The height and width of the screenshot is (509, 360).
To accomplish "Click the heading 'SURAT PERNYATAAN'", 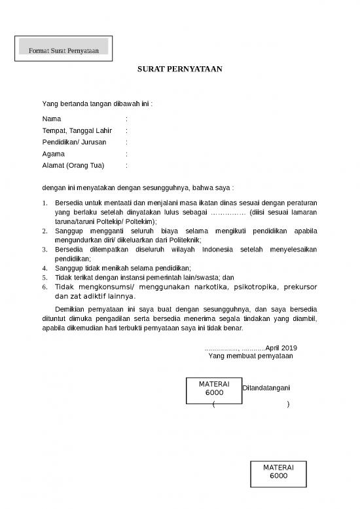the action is coord(180,68).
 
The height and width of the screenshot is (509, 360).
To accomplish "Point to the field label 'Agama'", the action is coord(53,153).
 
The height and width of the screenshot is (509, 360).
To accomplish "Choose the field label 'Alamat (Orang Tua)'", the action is coord(73,164).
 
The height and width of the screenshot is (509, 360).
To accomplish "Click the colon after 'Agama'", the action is coord(126,153).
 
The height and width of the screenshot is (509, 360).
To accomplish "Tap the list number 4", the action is coord(45,268).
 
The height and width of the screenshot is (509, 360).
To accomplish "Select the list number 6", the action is coord(45,287).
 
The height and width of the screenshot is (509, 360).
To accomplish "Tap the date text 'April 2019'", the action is coord(281,347).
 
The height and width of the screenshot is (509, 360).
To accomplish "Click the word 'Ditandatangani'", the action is coord(266,388).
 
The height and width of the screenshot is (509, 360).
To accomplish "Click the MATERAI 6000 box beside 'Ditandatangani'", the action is coord(214,388).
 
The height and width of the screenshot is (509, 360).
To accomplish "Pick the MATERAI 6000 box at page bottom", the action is coord(278,472).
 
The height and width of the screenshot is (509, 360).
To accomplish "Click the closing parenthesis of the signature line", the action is coord(288,405).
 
